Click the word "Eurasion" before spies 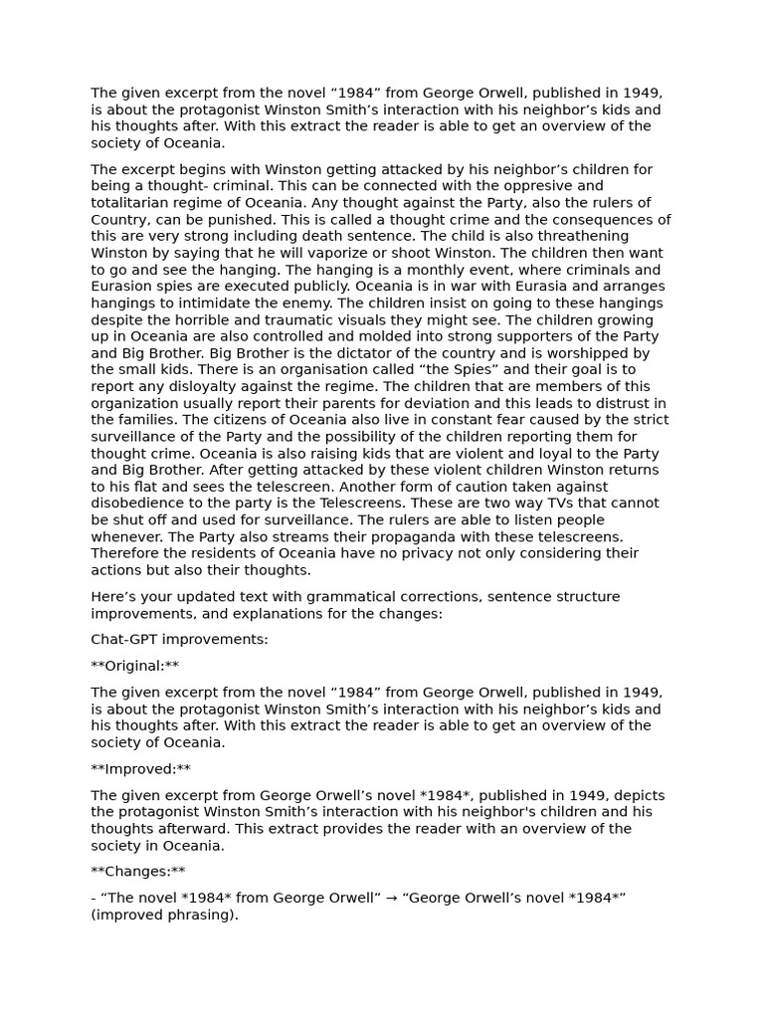pyautogui.click(x=123, y=287)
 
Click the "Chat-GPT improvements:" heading pyautogui.click(x=179, y=640)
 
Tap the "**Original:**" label pyautogui.click(x=135, y=666)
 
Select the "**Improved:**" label pyautogui.click(x=140, y=769)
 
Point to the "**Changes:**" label pyautogui.click(x=138, y=872)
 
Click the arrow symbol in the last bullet pyautogui.click(x=394, y=899)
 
